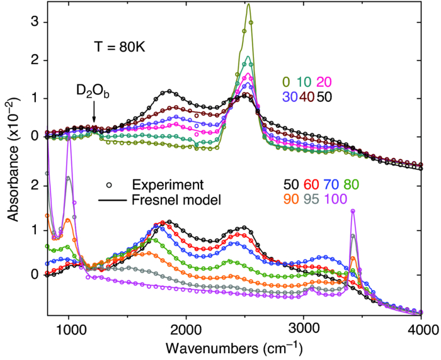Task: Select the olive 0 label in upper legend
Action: pyautogui.click(x=286, y=82)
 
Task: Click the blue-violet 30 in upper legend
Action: pyautogui.click(x=290, y=99)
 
